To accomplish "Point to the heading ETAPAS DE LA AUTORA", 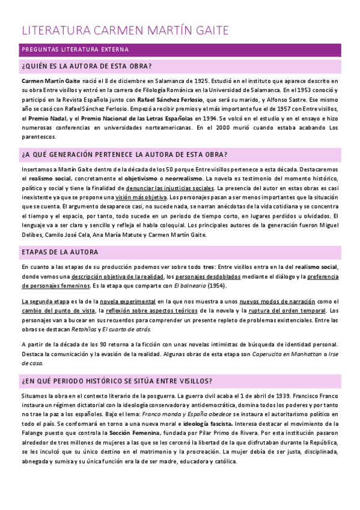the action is tap(60, 252).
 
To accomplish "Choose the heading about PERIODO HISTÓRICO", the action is tap(118, 382).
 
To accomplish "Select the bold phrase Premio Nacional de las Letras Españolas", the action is tap(128, 118).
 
